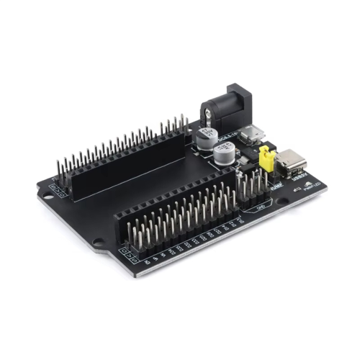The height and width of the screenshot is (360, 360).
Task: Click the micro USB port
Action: (253, 133)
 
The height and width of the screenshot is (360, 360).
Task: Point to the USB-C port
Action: (292, 163)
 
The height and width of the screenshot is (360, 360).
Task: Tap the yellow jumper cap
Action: (266, 159)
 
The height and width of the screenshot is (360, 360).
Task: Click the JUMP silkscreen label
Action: (276, 185)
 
